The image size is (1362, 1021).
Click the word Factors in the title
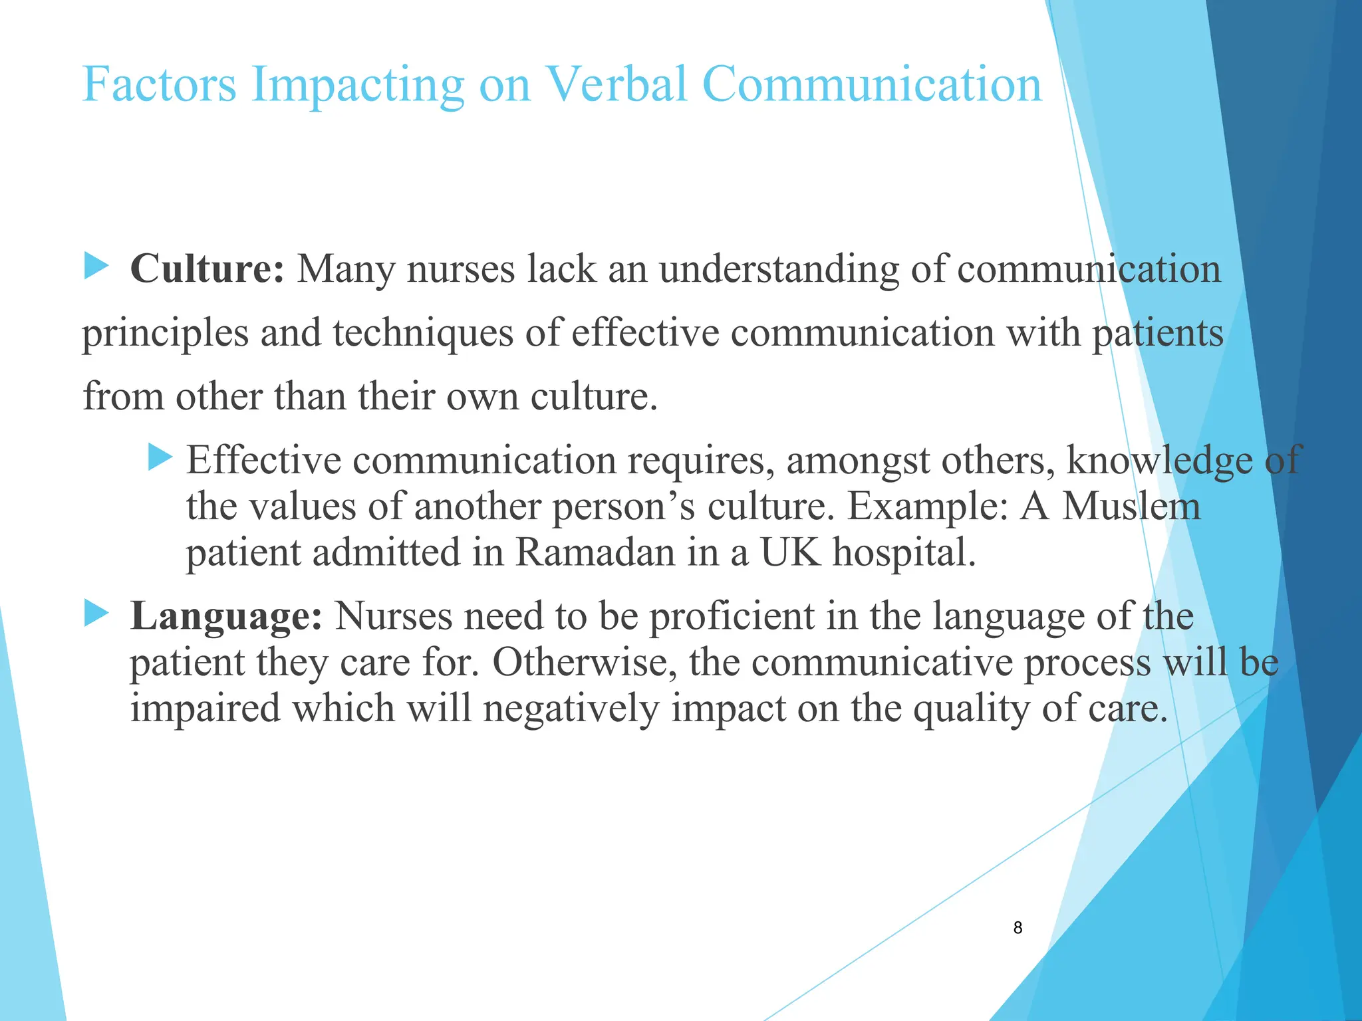point(159,84)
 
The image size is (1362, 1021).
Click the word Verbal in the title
point(616,84)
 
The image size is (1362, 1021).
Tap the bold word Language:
point(226,616)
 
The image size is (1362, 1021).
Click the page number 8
point(1018,928)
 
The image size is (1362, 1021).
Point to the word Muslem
point(1131,507)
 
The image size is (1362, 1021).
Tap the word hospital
point(904,552)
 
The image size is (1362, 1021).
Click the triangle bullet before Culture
point(96,267)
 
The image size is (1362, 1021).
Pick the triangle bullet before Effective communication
point(160,458)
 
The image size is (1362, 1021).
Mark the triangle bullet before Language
point(96,614)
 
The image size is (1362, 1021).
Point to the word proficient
point(732,616)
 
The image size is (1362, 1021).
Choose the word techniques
point(423,333)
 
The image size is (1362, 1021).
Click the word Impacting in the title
point(358,86)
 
